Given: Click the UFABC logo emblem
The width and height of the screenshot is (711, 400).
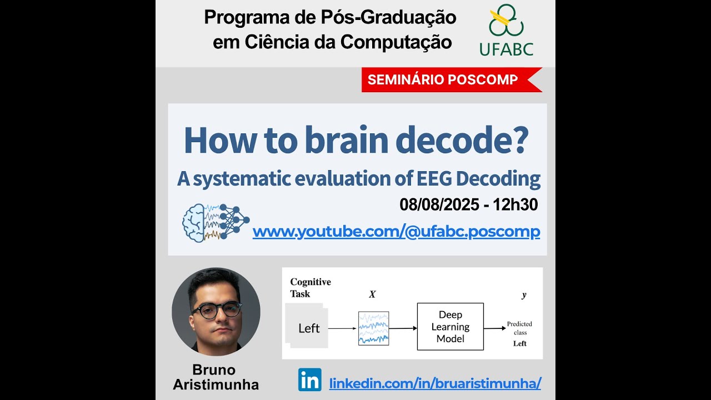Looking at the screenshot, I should (505, 22).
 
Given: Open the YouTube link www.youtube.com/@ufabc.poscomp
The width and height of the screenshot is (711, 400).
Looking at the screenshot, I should (396, 232).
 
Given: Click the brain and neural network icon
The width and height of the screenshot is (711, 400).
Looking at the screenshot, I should (216, 222).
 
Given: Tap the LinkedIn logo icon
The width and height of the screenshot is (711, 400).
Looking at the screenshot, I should (309, 379).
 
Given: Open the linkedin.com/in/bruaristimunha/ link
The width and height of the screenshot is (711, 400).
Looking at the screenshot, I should (435, 383).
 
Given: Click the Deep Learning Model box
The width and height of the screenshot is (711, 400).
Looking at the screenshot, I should (450, 327).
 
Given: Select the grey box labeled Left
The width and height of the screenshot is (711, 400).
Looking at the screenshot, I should (308, 328).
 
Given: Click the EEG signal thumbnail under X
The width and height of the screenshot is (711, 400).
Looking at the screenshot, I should (373, 328).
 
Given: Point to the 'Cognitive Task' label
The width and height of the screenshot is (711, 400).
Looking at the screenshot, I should (310, 287).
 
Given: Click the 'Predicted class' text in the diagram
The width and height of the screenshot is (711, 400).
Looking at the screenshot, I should (519, 328).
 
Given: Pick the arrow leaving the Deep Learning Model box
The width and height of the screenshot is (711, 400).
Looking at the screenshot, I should (494, 328).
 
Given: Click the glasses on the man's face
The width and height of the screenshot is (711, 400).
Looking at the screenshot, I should (216, 310).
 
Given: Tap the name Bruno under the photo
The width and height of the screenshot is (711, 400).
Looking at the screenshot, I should (214, 370).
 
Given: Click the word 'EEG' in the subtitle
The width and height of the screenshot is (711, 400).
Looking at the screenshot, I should (433, 179).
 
